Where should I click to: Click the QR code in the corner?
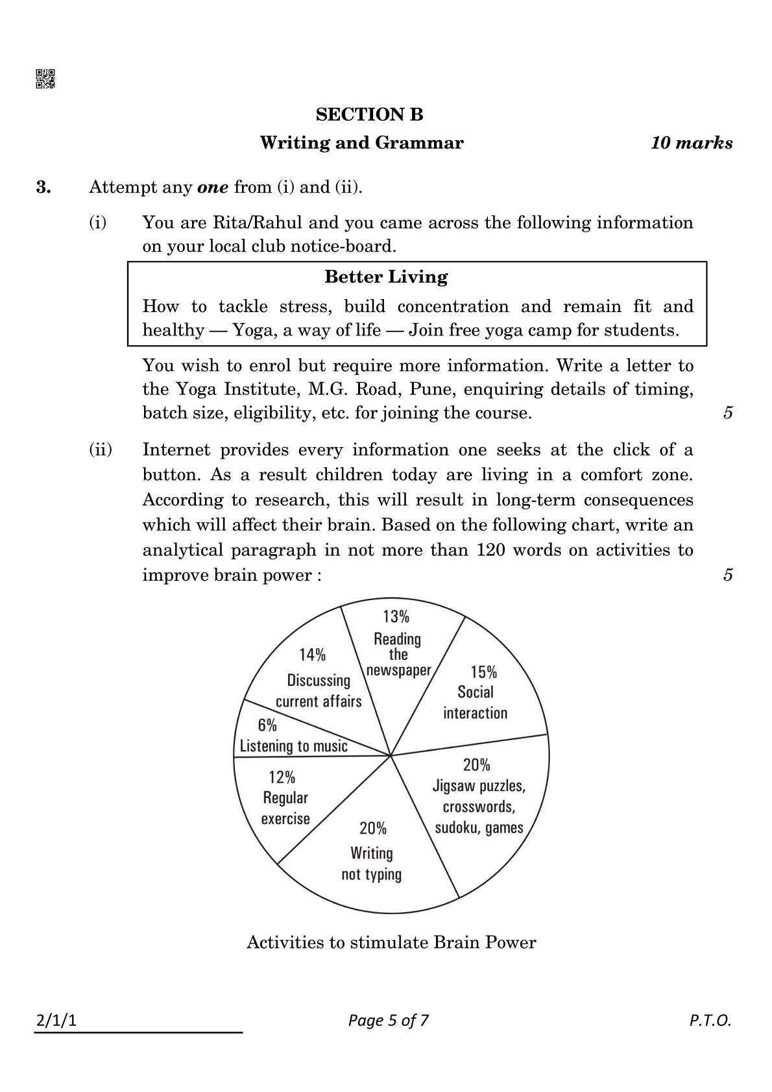tap(45, 79)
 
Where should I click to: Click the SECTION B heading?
tap(369, 115)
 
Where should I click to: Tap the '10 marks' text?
tap(692, 143)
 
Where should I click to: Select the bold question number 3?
tap(43, 188)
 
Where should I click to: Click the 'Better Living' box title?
tap(386, 277)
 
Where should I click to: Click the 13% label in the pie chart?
tap(396, 616)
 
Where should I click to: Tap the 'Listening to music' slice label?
tap(294, 746)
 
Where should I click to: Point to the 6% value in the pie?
tap(267, 725)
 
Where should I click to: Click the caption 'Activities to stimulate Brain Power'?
tap(391, 942)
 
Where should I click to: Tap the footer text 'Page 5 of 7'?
tap(388, 1021)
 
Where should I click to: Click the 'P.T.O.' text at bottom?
tap(710, 1021)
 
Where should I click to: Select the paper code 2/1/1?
tap(56, 1021)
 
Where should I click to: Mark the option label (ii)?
tap(100, 450)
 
